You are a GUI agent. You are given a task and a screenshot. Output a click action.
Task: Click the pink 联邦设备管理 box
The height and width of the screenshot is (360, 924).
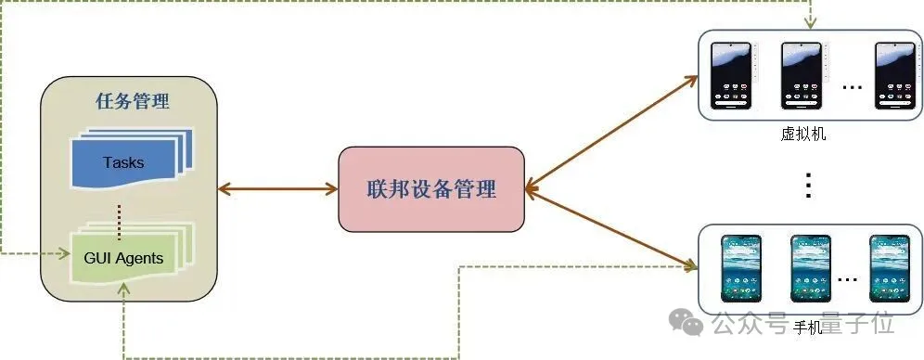pos(430,189)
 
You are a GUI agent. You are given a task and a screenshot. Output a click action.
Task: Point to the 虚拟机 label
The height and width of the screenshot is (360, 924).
pos(803,135)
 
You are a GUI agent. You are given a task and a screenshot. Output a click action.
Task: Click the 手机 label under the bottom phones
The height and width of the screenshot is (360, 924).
pos(807,328)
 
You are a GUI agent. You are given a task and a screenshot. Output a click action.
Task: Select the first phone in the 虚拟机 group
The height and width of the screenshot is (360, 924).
pos(730,77)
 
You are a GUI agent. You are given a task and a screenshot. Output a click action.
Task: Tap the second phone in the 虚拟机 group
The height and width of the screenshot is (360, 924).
pos(801,77)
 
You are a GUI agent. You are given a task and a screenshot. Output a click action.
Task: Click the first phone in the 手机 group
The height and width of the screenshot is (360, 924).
pos(742,269)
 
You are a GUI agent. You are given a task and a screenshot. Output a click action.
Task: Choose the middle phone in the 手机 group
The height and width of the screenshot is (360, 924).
pos(809,269)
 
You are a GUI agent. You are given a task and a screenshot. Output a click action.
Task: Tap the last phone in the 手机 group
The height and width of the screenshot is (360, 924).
pos(887,269)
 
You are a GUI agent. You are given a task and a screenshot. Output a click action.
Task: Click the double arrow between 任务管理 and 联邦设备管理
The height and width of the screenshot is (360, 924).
pos(277,190)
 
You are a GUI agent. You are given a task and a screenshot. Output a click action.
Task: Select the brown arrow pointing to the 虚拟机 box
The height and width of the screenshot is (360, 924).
pos(612,131)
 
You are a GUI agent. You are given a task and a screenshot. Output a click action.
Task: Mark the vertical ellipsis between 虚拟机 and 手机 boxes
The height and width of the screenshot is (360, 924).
pos(808,186)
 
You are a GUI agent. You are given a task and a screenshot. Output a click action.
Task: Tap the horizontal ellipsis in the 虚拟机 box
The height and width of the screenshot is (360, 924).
pos(852,86)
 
